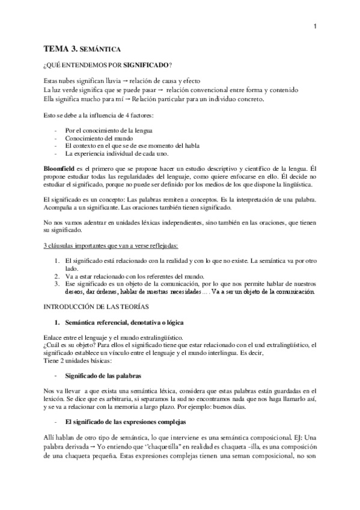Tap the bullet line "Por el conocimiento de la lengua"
(108, 129)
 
